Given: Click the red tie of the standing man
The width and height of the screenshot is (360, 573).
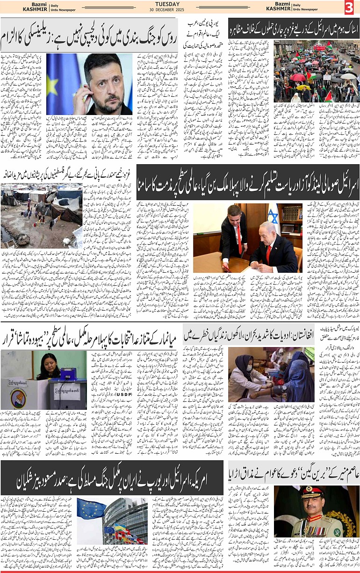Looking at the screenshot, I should [x=239, y=239].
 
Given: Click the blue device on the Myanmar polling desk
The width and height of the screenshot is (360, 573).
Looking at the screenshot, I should [x=69, y=373].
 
